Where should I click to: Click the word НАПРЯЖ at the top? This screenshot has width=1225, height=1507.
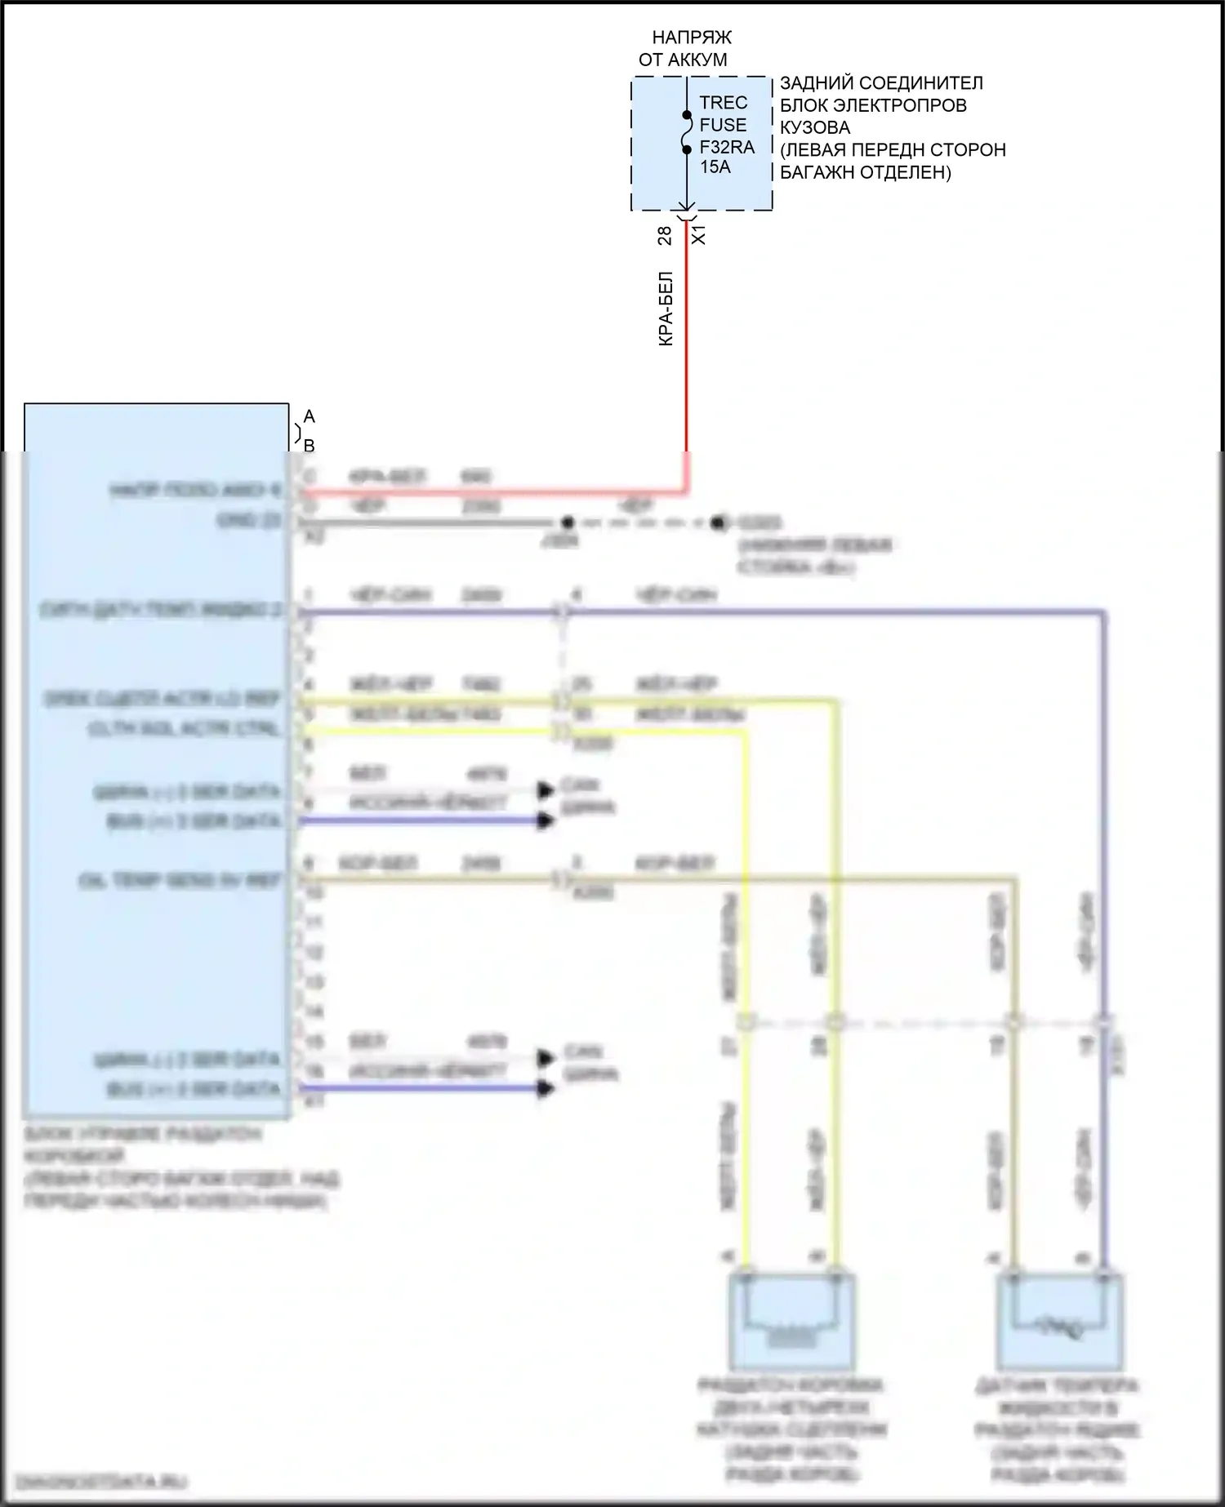(691, 38)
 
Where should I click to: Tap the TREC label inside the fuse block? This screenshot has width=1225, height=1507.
(723, 103)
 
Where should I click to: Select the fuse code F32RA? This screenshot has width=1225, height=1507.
(727, 148)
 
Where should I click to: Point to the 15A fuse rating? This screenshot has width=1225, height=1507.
(715, 167)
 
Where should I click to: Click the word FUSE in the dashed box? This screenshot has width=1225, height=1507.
(723, 125)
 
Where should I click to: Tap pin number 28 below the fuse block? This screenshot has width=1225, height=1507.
(665, 235)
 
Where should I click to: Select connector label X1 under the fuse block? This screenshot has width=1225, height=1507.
(699, 235)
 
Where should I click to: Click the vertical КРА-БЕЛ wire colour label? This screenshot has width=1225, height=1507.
(666, 309)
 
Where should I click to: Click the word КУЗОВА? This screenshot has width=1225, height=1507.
(814, 127)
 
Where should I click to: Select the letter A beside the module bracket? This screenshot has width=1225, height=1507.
(309, 417)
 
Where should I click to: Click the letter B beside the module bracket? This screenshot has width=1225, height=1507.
(309, 446)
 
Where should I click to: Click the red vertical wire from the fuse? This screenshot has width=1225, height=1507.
(686, 343)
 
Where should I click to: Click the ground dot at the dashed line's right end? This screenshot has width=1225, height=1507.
(717, 522)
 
